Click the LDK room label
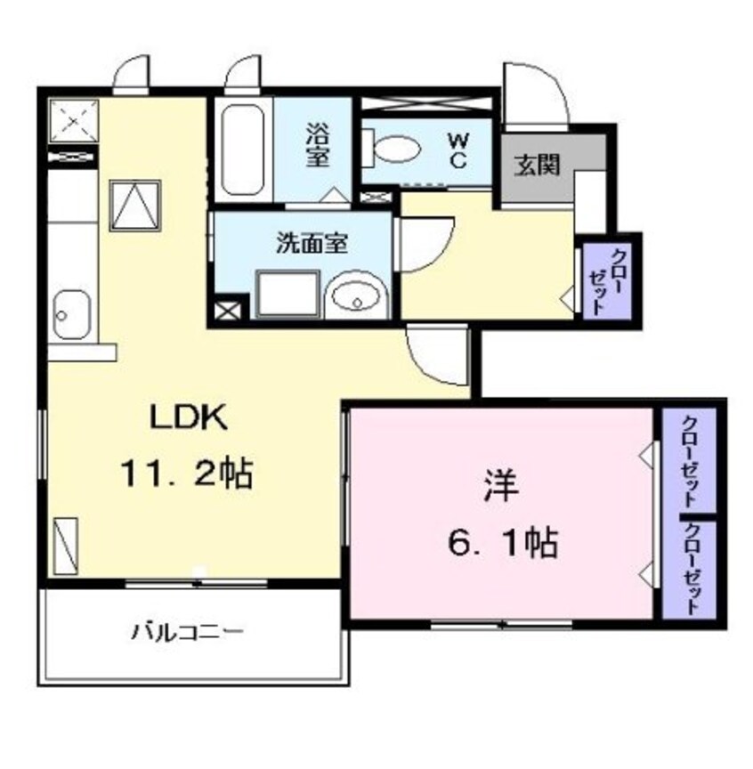click(x=189, y=418)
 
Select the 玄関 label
click(x=536, y=166)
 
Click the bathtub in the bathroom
click(x=242, y=153)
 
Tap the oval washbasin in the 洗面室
click(x=355, y=295)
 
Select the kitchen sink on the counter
click(x=67, y=314)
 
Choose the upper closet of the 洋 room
click(x=689, y=459)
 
